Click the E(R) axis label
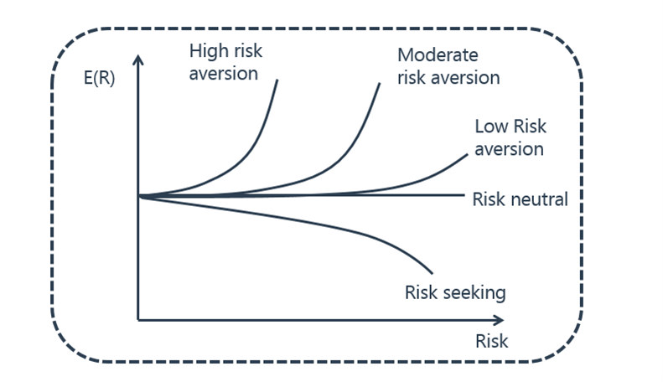[x=100, y=78]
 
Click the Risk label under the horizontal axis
[x=492, y=341]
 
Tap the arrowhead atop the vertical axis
[x=137, y=60]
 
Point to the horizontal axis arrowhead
[x=499, y=320]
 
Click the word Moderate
[x=438, y=55]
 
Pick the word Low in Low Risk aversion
[x=490, y=126]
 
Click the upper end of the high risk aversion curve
[x=277, y=80]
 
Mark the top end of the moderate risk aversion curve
[x=380, y=84]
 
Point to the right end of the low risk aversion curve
[x=467, y=155]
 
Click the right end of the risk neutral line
[x=464, y=195]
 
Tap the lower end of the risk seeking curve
[x=432, y=273]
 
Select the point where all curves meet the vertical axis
[x=138, y=196]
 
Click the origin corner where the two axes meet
[x=137, y=320]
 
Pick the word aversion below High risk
[x=223, y=74]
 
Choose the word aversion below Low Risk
[x=509, y=149]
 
